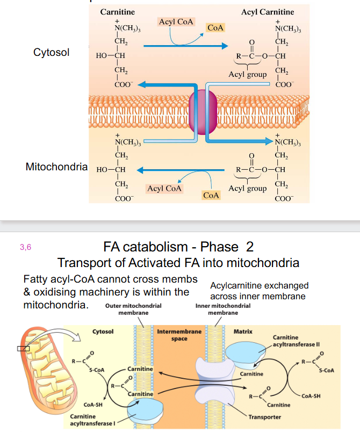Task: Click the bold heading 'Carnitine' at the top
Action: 117,11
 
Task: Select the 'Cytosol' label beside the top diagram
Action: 51,53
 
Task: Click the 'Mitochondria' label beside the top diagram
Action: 56,167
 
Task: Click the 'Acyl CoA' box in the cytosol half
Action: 175,21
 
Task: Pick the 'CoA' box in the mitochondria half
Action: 211,195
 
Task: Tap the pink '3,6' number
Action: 25,248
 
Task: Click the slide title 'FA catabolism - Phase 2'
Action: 178,247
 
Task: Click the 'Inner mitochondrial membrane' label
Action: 223,309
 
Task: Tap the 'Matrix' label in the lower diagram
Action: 243,332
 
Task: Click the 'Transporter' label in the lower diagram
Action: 264,416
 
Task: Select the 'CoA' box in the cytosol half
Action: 215,27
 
